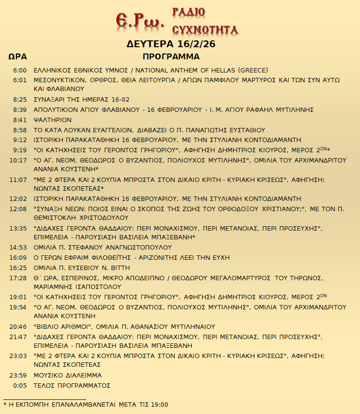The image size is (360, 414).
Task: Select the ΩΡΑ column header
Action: pyautogui.click(x=18, y=56)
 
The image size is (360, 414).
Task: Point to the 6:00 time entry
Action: pyautogui.click(x=20, y=70)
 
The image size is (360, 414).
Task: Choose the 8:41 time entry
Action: pyautogui.click(x=20, y=120)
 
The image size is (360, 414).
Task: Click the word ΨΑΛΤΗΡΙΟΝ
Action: pyautogui.click(x=53, y=120)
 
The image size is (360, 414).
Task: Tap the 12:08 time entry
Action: pyautogui.click(x=18, y=209)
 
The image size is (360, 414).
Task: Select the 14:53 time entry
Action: pyautogui.click(x=18, y=247)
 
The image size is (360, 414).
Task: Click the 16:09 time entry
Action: pyautogui.click(x=18, y=257)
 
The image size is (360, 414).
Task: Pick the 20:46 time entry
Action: pyautogui.click(x=18, y=326)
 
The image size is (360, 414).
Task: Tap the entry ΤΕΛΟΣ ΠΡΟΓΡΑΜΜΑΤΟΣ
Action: pyautogui.click(x=72, y=386)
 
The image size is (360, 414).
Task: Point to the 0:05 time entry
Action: pyautogui.click(x=20, y=386)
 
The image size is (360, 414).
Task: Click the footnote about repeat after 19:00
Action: pyautogui.click(x=86, y=404)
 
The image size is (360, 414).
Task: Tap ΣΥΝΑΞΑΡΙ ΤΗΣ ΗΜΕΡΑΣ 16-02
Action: pyautogui.click(x=81, y=99)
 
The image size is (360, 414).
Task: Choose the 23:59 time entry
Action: pyautogui.click(x=18, y=376)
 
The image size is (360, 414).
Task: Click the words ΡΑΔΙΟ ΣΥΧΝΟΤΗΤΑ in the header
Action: pyautogui.click(x=205, y=21)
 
